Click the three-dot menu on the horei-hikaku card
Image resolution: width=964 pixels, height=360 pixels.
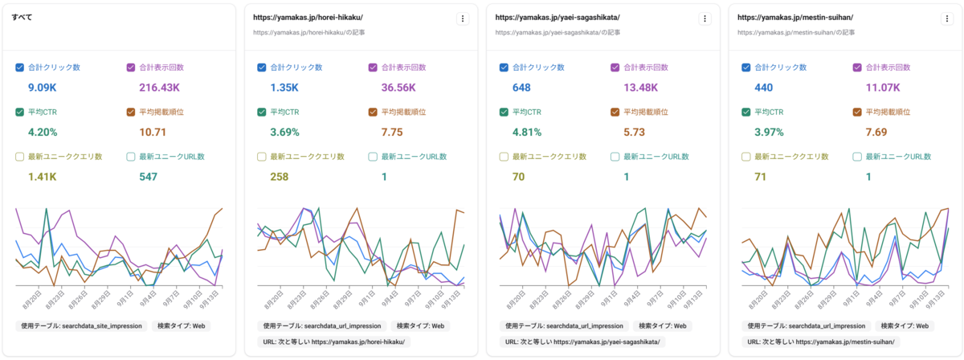click(463, 18)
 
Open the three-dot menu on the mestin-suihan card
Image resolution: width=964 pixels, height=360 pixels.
click(948, 18)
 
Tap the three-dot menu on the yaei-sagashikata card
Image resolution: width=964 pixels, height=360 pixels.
click(705, 18)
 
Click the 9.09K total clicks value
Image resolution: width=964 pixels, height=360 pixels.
click(42, 87)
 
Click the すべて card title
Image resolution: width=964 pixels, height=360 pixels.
click(22, 16)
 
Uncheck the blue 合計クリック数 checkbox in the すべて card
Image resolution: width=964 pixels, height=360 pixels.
click(20, 67)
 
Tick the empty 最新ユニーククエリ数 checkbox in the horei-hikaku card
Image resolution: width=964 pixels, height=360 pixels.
click(262, 157)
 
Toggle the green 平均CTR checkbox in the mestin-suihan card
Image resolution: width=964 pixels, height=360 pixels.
click(746, 112)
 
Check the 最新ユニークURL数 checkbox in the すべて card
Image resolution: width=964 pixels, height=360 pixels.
click(132, 157)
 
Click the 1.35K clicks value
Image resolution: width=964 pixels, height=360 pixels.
click(285, 87)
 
